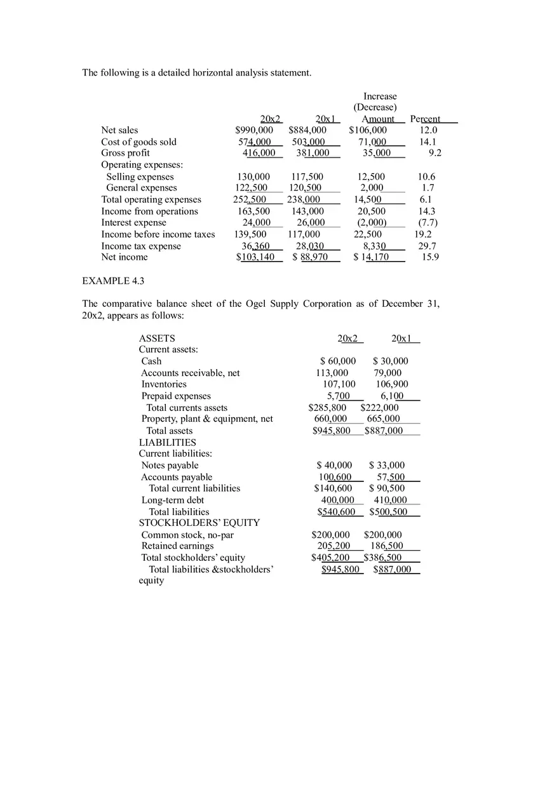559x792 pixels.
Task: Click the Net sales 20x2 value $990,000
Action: (254, 130)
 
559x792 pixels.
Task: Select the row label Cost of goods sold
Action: (138, 142)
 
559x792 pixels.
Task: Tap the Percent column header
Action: (425, 119)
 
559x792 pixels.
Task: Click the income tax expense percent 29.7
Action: (427, 246)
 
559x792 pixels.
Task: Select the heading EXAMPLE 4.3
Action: (109, 281)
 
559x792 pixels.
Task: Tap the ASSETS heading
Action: (157, 339)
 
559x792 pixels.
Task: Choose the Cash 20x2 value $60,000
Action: (338, 361)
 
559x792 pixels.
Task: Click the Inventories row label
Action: (164, 384)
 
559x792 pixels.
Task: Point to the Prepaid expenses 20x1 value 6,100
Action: (392, 396)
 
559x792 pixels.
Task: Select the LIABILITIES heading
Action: (168, 443)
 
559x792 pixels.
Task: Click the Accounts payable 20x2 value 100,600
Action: (335, 477)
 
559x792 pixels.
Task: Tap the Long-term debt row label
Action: (172, 500)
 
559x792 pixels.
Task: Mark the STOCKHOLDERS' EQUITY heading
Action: (199, 523)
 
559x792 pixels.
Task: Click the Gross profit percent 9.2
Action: (434, 153)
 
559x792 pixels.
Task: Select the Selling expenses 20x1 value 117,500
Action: (307, 177)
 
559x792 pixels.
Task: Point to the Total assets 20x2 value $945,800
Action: (331, 431)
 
